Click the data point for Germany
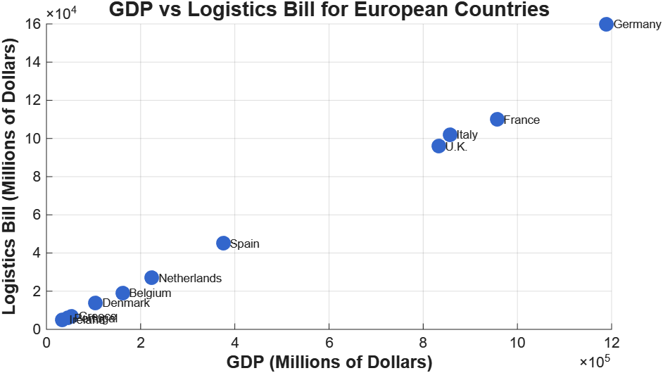tap(606, 24)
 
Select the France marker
tap(497, 119)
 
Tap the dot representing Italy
tap(450, 134)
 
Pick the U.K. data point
tap(438, 146)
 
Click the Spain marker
tap(223, 243)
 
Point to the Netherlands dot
tap(151, 277)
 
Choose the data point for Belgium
tap(122, 293)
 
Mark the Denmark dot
tap(95, 303)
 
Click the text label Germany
tap(637, 25)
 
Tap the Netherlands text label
tap(189, 278)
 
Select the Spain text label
tap(245, 244)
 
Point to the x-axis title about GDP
tap(329, 362)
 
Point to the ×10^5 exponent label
tap(595, 361)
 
